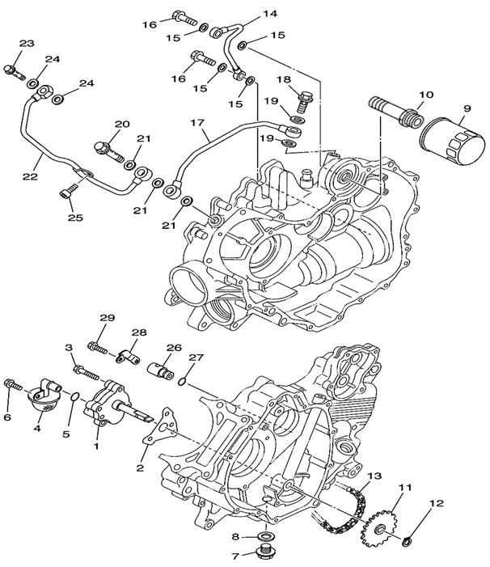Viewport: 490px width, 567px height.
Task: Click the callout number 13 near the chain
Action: pos(374,476)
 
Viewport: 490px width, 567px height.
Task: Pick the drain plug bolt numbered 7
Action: pos(264,554)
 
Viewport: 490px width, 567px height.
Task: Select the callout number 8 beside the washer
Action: pos(235,536)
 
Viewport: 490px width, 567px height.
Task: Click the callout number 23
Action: pos(27,43)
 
